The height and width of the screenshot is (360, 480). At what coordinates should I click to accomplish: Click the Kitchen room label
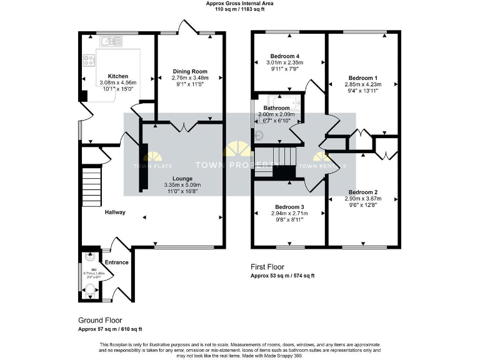pos(117,76)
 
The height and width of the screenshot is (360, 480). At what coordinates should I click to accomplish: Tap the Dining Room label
pos(190,71)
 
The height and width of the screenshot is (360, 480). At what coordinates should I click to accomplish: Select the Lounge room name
pos(178,179)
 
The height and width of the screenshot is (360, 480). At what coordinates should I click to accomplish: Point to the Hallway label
pos(115,212)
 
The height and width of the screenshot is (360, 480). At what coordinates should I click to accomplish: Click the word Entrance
pos(116,262)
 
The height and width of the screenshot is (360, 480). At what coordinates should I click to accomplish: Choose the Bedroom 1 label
pos(363,77)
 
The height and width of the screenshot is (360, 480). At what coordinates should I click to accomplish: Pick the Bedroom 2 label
pos(363,192)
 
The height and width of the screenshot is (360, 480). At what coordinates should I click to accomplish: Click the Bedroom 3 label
pos(289,207)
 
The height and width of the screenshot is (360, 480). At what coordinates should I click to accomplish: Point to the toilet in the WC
pos(91,289)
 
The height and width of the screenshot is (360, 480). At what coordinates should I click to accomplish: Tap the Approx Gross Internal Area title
pos(240,4)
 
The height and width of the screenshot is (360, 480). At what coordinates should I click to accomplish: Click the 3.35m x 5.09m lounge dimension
pos(178,185)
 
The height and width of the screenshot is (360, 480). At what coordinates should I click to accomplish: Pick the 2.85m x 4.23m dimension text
pos(363,84)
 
